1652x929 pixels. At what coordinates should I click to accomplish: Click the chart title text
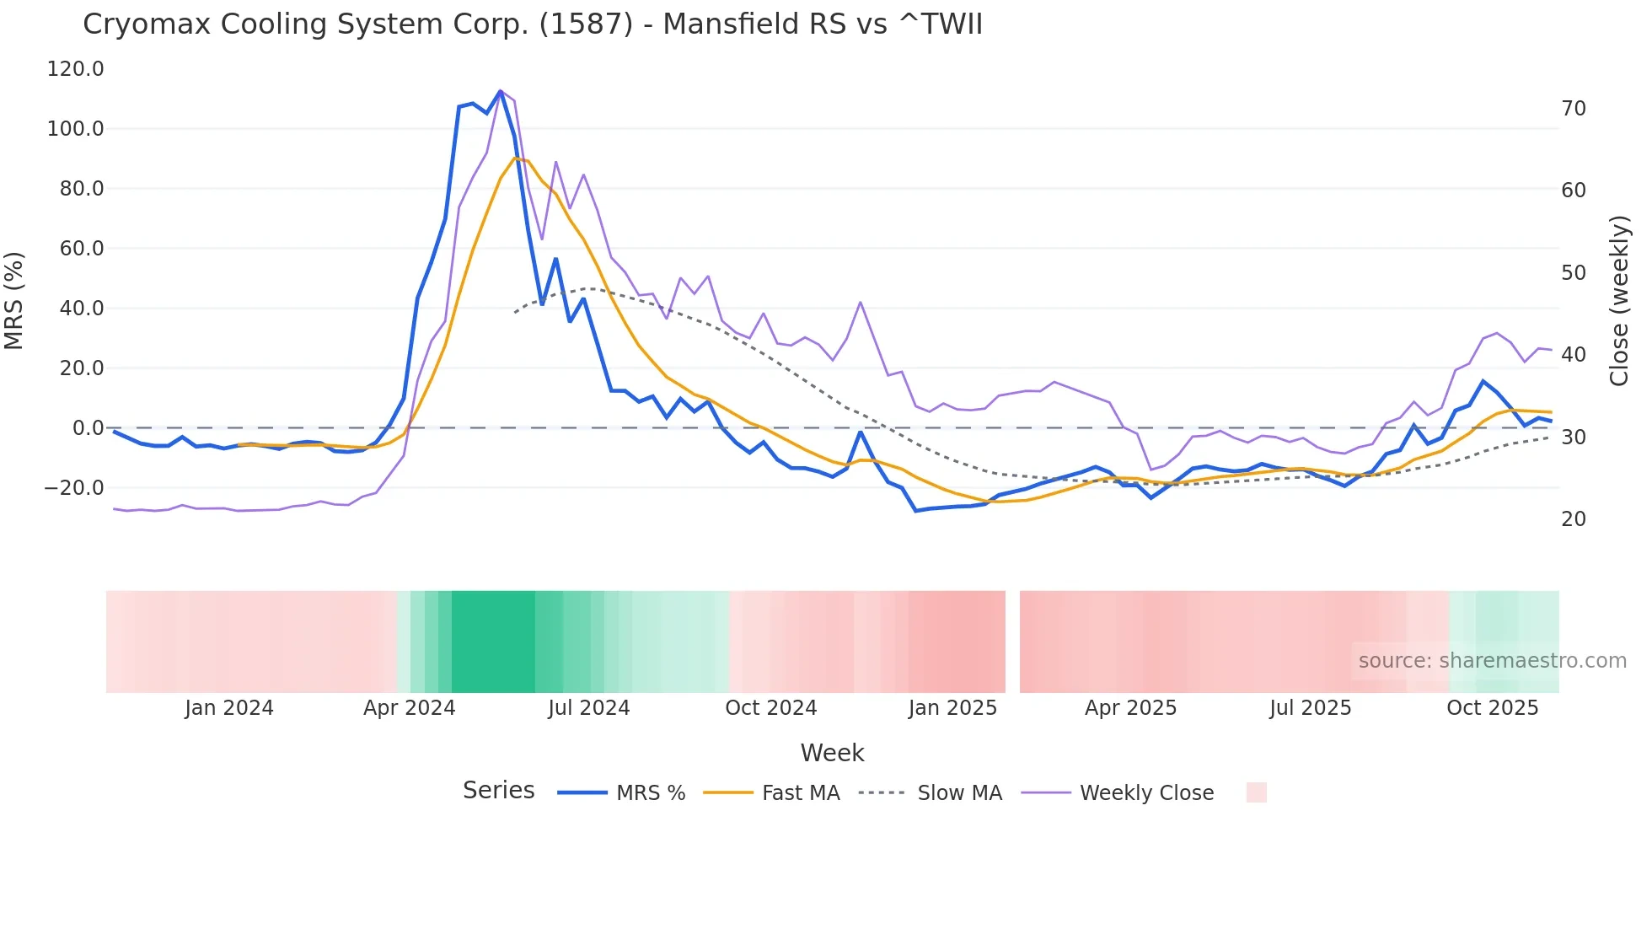point(533,24)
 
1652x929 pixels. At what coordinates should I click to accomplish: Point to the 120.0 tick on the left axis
point(76,69)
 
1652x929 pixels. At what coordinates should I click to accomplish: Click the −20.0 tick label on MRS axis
point(74,488)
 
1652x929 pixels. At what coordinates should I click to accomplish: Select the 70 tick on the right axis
point(1574,109)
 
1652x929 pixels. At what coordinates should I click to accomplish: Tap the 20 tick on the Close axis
point(1574,519)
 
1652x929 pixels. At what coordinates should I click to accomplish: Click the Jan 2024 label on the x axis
point(229,708)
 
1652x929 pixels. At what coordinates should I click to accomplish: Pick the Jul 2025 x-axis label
point(1310,708)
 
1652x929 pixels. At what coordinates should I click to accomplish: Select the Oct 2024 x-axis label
point(770,708)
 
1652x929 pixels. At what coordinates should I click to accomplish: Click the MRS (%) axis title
point(14,300)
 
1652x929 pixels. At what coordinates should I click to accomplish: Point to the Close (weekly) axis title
point(1618,301)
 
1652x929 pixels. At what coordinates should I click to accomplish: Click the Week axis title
point(832,753)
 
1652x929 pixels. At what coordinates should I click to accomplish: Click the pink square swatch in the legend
point(1256,792)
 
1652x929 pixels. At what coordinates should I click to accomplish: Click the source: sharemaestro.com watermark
point(1492,661)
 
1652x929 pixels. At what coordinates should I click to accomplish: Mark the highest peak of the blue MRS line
point(501,91)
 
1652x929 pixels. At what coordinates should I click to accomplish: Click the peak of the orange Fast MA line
point(515,158)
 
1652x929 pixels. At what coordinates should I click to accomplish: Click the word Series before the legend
point(498,791)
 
